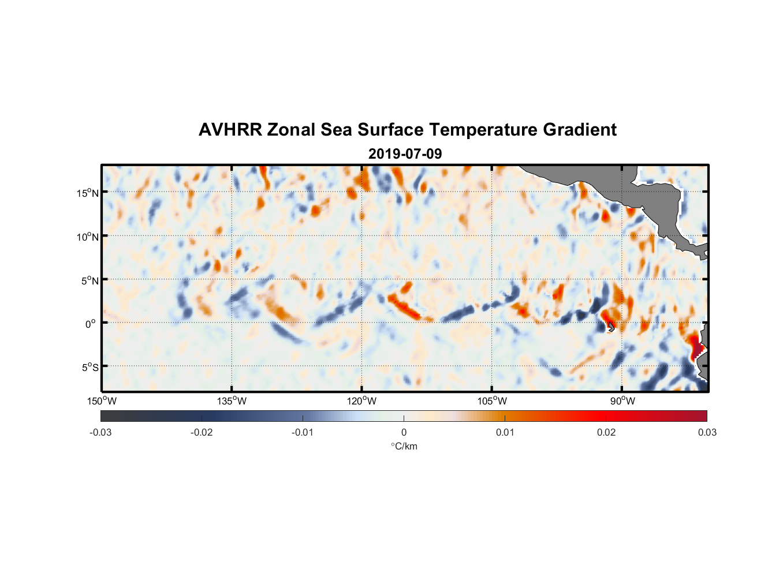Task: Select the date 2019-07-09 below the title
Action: coord(405,154)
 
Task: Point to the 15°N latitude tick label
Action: coord(87,193)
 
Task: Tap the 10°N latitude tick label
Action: coord(87,237)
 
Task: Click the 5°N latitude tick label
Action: coord(89,280)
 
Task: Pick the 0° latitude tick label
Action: coord(91,324)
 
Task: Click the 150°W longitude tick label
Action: coord(102,401)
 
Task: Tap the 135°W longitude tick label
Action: coord(232,401)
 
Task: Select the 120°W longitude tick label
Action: coord(362,401)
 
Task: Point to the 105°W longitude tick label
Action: coord(492,401)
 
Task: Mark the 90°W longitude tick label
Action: coord(622,401)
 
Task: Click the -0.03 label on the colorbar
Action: coord(100,433)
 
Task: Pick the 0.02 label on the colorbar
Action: coord(606,433)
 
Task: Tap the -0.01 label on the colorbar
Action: coord(303,433)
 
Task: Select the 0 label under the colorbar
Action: coord(404,433)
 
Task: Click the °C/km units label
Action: coord(404,446)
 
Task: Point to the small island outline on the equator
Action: coord(611,326)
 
